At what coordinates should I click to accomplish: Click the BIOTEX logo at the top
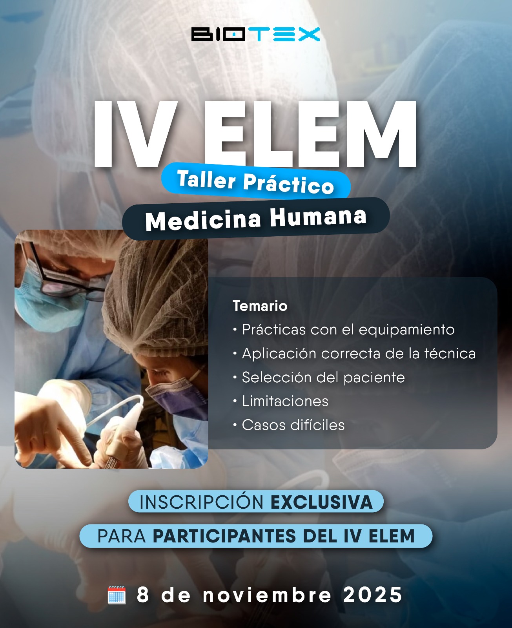[x=255, y=34]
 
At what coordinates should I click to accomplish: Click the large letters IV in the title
[x=136, y=134]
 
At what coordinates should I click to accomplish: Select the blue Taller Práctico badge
[x=256, y=181]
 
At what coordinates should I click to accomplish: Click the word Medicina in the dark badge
[x=203, y=220]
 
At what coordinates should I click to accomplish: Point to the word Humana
[x=318, y=216]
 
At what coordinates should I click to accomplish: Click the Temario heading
[x=260, y=306]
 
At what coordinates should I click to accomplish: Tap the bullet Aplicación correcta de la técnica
[x=355, y=354]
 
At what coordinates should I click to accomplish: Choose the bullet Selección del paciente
[x=319, y=378]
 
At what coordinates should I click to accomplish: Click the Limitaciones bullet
[x=281, y=402]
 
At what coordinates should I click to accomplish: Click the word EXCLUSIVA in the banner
[x=321, y=502]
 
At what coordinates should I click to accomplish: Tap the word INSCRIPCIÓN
[x=202, y=502]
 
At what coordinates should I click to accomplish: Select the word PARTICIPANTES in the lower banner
[x=224, y=536]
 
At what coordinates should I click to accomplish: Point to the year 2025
[x=373, y=595]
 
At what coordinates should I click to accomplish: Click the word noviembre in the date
[x=267, y=595]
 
